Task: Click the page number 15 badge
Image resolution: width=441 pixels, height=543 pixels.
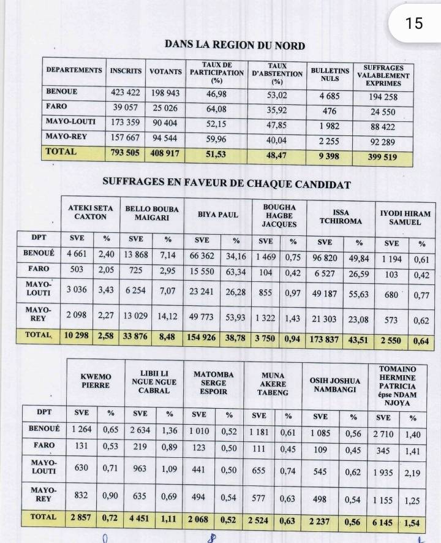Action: pos(414,23)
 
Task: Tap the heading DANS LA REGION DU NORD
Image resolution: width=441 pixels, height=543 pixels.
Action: pos(235,45)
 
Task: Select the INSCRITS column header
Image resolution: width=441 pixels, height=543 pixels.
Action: pos(126,71)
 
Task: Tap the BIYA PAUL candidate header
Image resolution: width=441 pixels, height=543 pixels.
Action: pos(217,215)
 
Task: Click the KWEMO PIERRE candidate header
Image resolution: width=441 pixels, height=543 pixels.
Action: pos(97,381)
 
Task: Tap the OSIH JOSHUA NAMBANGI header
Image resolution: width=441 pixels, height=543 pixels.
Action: pos(335,385)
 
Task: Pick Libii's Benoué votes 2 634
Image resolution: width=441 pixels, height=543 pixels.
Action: pos(138,430)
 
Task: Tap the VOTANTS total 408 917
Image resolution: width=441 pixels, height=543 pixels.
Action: pos(165,153)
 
